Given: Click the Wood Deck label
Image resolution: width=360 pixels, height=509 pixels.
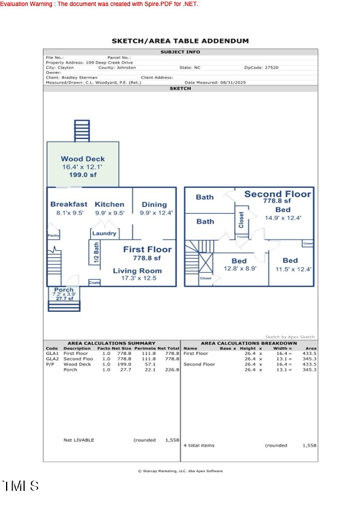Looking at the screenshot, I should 82,159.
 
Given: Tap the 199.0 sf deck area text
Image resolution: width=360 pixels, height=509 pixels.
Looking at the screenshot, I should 82,175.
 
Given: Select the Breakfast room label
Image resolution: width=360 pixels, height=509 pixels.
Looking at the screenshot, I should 68,204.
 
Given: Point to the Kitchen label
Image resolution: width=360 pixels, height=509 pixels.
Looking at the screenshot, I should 110,204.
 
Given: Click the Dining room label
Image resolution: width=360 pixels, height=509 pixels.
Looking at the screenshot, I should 154,204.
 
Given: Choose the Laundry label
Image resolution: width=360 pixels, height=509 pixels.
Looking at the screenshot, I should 104,233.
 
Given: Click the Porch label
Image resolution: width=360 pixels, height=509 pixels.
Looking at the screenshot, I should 64,290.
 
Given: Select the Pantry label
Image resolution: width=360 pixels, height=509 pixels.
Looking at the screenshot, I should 54,236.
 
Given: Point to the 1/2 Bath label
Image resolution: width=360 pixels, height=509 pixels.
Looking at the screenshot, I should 96,251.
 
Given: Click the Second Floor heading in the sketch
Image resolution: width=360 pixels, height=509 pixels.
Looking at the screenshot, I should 278,194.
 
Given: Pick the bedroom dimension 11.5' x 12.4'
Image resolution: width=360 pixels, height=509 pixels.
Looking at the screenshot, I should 293,269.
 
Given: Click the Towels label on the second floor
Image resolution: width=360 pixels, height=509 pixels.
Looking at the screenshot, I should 243,237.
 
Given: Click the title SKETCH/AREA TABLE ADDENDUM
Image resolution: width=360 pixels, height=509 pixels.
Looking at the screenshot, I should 180,41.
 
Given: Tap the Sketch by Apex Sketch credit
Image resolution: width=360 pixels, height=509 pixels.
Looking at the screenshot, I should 290,337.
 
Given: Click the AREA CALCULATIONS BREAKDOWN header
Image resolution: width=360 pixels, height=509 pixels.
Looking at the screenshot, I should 249,343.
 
